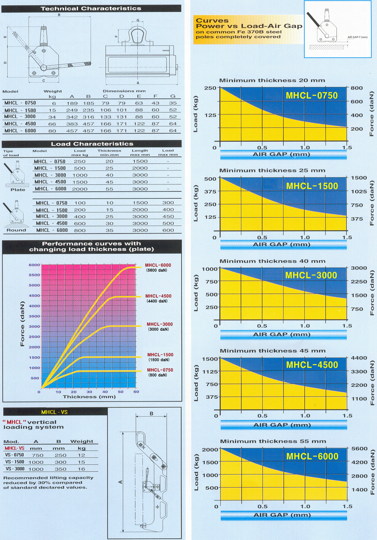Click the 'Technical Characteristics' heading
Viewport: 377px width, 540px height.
(91, 9)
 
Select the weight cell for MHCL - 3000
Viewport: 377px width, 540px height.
(52, 117)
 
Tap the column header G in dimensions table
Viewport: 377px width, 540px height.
(173, 97)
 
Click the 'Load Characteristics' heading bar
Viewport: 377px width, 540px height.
(92, 144)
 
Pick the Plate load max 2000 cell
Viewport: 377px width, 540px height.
(80, 189)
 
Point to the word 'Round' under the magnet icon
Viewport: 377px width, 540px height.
(16, 230)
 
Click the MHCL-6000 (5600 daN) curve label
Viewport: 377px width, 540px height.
(158, 267)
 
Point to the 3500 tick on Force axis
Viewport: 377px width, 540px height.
(35, 316)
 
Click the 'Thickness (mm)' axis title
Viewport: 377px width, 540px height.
(89, 397)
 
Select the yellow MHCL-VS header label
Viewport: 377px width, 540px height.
(54, 412)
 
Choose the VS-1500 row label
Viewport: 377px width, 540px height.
(15, 462)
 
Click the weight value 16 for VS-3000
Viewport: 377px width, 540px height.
(82, 469)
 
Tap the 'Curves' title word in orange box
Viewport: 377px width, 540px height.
(212, 21)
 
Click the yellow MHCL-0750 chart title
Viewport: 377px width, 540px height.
(312, 96)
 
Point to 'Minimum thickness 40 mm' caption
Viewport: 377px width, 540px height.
(272, 261)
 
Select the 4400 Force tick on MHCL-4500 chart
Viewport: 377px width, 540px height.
(359, 358)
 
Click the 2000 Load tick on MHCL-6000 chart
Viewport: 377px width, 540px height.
(210, 449)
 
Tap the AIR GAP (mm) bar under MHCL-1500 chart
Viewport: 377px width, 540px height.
(282, 244)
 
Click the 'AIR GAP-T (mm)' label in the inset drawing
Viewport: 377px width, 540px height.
(357, 37)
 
